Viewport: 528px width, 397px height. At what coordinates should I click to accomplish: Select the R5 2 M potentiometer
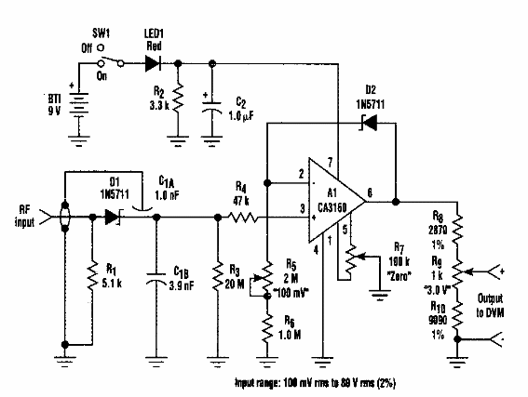point(267,277)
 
